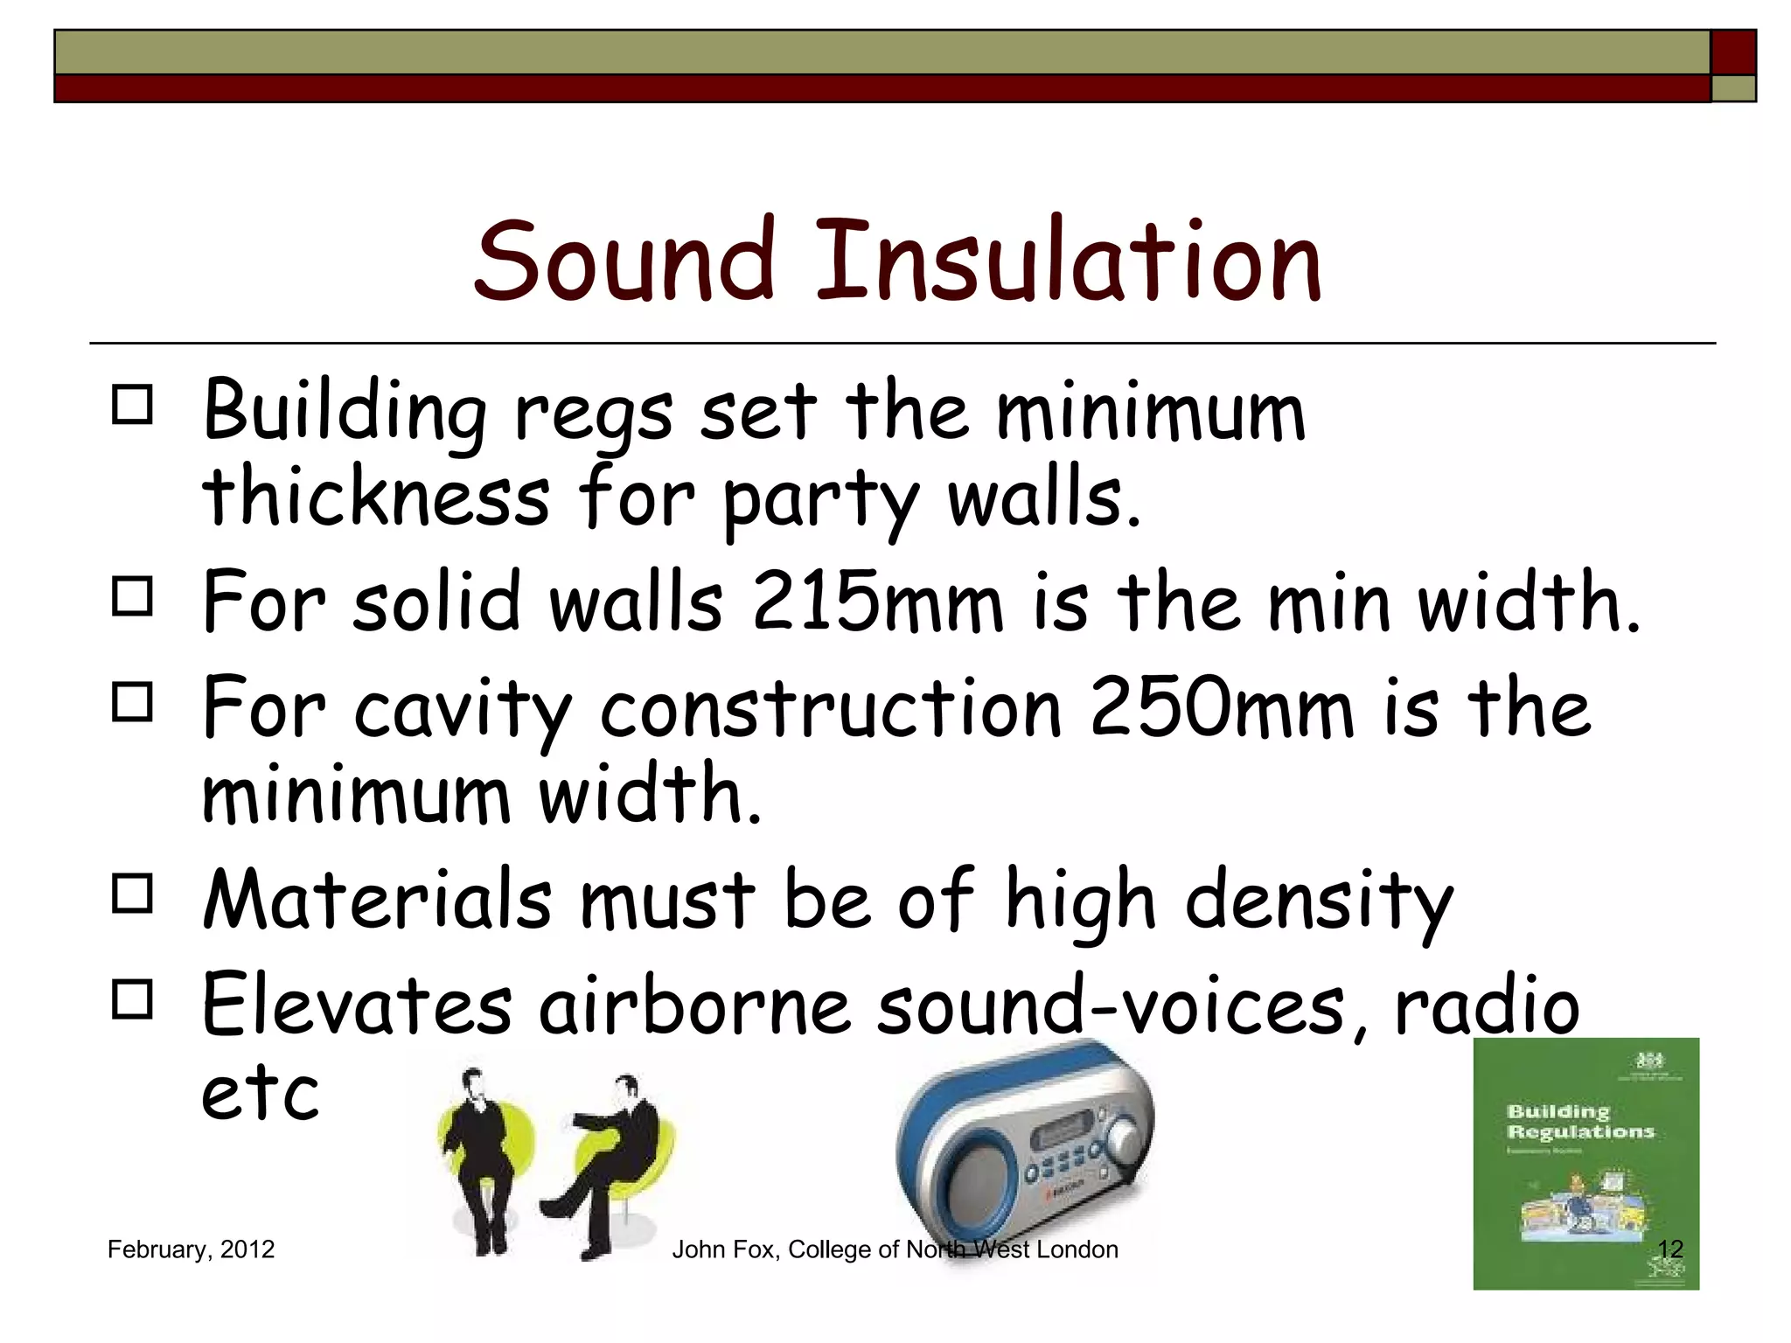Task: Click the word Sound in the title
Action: click(624, 261)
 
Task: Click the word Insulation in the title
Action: click(1068, 261)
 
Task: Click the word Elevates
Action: click(357, 1006)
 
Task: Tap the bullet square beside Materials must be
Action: click(132, 894)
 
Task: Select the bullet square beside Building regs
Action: click(132, 405)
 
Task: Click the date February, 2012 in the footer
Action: click(191, 1249)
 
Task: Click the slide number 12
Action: click(1670, 1249)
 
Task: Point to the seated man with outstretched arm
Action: click(617, 1154)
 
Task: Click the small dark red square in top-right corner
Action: click(1733, 52)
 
